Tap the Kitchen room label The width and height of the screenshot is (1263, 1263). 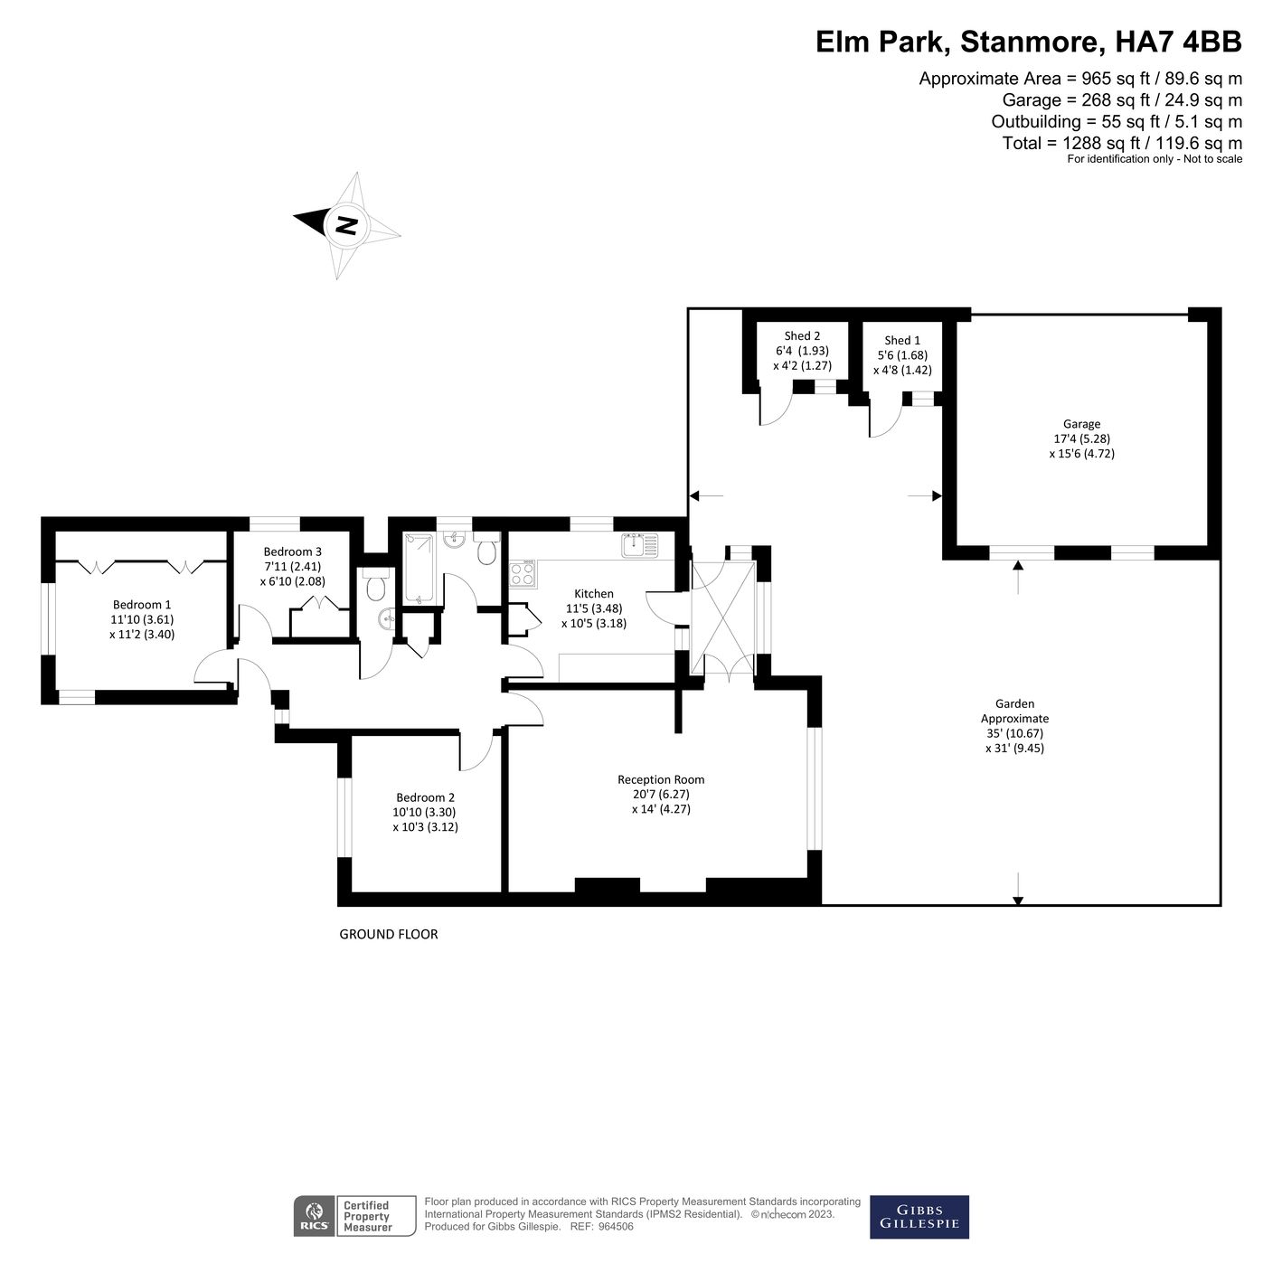pos(593,594)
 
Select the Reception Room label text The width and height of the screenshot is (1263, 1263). pos(661,779)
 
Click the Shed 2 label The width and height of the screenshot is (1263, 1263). pos(802,336)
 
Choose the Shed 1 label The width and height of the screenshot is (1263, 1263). pos(902,341)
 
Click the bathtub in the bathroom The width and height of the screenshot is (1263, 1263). pos(419,569)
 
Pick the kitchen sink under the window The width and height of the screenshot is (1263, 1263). pos(642,545)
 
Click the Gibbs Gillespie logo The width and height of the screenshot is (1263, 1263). pos(919,1217)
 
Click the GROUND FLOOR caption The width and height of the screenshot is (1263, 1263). pos(388,934)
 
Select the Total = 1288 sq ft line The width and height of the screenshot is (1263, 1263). pos(1121,143)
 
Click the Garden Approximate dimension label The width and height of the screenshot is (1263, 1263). pos(1013,726)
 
